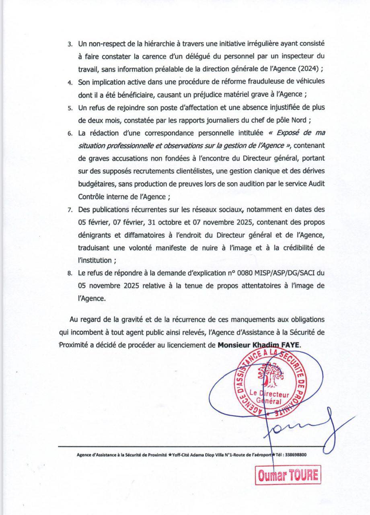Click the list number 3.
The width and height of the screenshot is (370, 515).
tap(70, 43)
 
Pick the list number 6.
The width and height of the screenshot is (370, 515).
tap(70, 133)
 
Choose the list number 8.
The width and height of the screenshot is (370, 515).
tap(70, 274)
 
